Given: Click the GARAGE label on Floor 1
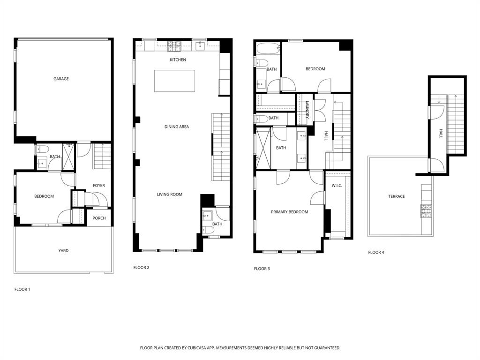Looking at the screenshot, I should click(61, 79).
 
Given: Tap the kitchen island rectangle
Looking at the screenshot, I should click(174, 81).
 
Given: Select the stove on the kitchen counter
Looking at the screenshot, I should click(174, 46).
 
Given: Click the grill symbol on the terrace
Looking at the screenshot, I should click(426, 211).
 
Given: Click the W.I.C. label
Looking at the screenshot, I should click(337, 186).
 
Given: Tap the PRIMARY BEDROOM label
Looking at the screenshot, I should click(289, 212).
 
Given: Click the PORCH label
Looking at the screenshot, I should click(99, 218).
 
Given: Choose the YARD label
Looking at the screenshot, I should click(63, 251).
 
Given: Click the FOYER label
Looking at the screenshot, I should click(98, 186).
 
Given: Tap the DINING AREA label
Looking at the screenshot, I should click(176, 127).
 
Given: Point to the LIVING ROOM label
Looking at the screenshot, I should click(169, 194).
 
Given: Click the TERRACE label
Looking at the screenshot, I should click(396, 196).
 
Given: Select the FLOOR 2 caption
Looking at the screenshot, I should click(141, 268).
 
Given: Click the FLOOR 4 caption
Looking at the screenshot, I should click(376, 252).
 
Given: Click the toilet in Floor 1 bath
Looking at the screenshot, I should click(43, 149).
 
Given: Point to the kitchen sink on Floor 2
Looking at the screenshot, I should click(200, 46).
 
